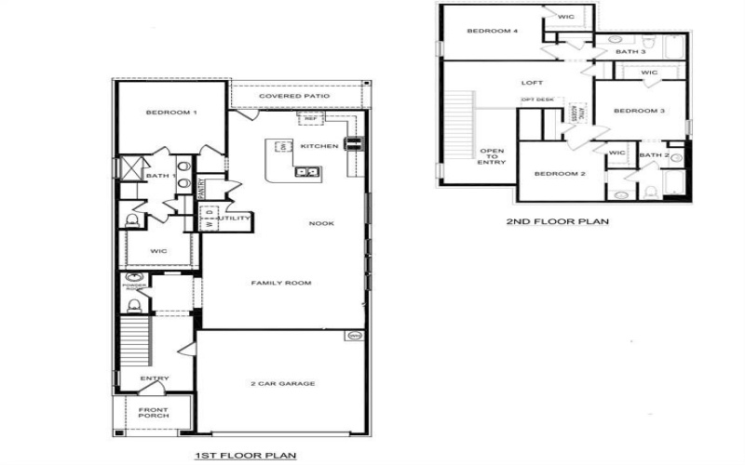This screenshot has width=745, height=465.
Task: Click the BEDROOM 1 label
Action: [170, 113]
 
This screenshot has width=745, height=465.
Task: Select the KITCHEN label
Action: [318, 147]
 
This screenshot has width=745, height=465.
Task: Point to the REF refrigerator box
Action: [308, 119]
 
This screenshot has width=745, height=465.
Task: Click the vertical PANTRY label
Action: [202, 188]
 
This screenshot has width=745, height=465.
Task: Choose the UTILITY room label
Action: [232, 219]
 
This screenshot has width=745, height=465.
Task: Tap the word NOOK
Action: [322, 223]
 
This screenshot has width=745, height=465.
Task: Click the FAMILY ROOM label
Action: [280, 283]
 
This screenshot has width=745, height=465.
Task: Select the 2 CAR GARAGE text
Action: [283, 383]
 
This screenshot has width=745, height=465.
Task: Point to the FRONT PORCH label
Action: [154, 412]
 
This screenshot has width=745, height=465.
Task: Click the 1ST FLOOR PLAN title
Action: [245, 455]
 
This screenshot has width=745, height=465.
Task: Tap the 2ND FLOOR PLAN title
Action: [557, 222]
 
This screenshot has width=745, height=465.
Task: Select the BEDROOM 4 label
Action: [492, 32]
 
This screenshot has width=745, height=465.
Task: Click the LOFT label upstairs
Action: [532, 83]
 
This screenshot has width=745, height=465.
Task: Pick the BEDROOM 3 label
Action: [639, 112]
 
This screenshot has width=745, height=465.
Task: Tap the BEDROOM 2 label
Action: [559, 174]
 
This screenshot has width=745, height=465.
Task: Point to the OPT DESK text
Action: [537, 100]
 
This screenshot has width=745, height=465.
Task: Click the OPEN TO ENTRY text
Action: [492, 156]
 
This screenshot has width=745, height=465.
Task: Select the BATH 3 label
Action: [630, 52]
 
